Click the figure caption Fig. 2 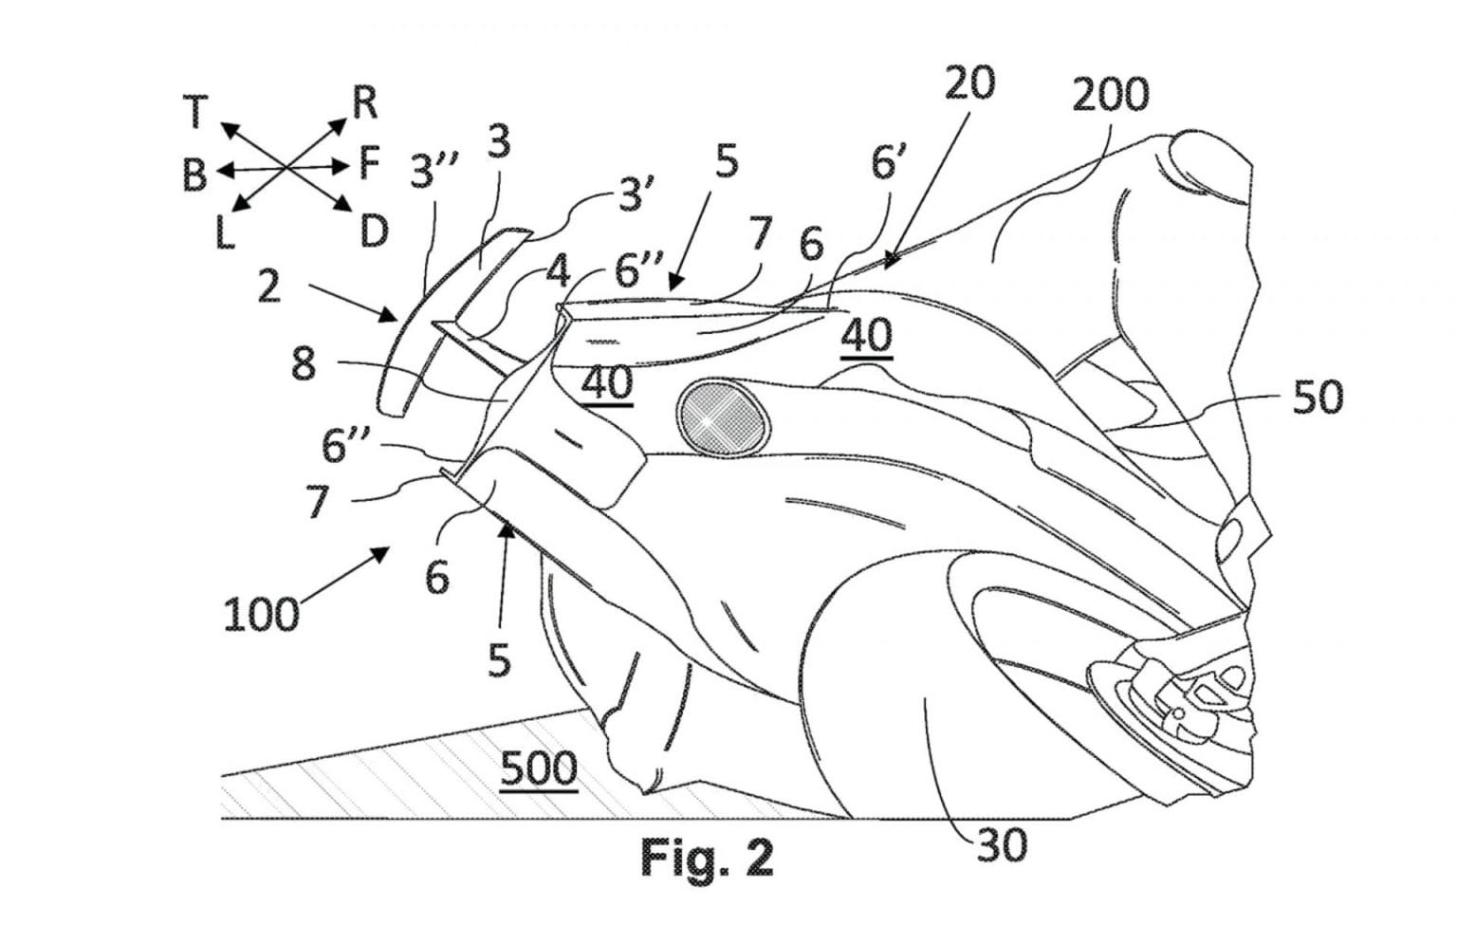click(x=707, y=858)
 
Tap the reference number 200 click(x=1110, y=94)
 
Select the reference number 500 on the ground click(x=538, y=768)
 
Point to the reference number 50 click(x=1319, y=398)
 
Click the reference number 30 click(x=1001, y=844)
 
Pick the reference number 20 click(x=969, y=83)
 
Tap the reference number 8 click(x=303, y=363)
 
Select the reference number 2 click(x=268, y=286)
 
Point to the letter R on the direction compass click(x=364, y=102)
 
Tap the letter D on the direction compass click(x=374, y=231)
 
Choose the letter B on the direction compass click(x=194, y=175)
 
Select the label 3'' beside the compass click(x=434, y=172)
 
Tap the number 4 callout click(x=558, y=272)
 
